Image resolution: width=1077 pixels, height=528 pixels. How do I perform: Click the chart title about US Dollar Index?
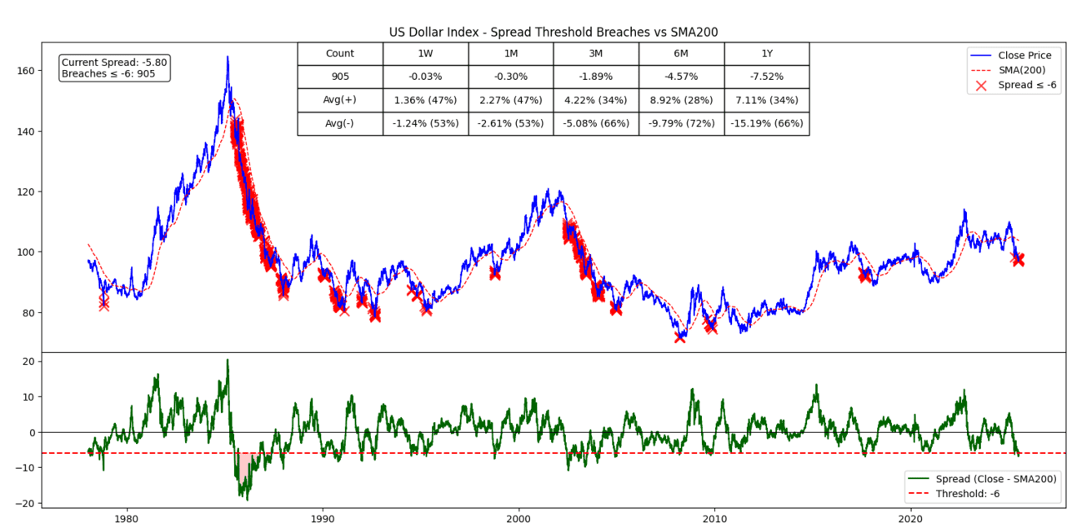tap(554, 32)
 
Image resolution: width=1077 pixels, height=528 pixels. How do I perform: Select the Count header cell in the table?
tap(339, 53)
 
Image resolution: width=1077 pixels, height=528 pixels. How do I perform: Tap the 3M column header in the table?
tap(595, 53)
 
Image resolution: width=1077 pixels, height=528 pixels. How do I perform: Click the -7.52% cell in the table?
tap(766, 77)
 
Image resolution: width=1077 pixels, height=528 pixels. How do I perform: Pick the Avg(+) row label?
tap(339, 100)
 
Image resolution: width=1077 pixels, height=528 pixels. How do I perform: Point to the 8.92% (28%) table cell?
tap(680, 100)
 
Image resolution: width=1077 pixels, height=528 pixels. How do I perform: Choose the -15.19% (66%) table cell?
tap(766, 123)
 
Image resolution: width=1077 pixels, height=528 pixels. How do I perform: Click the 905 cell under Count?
tap(339, 77)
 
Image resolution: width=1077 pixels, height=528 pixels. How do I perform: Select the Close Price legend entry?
tap(1024, 55)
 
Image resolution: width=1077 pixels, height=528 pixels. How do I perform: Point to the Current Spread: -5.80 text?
tap(114, 62)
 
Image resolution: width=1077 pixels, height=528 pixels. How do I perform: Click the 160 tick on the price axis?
tap(28, 71)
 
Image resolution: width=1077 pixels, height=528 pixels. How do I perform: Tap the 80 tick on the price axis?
tap(30, 312)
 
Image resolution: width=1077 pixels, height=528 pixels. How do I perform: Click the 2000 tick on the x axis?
tap(518, 516)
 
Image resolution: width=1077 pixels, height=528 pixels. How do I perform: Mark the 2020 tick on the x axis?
tap(911, 516)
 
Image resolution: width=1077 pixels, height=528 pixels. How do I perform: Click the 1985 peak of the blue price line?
tap(227, 57)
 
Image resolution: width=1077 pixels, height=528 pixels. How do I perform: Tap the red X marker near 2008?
tap(680, 337)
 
